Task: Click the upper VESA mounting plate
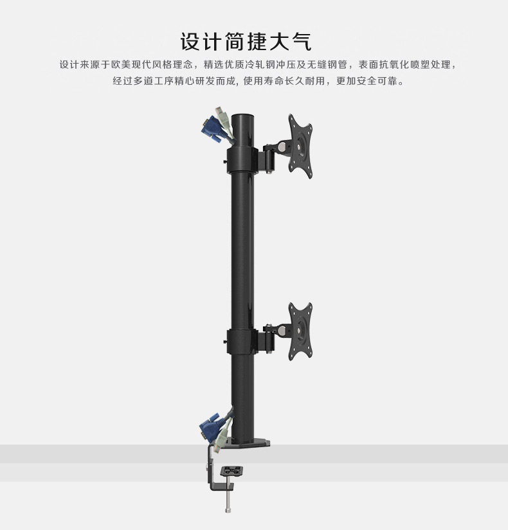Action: tap(300, 146)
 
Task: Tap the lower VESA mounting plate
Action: tap(300, 328)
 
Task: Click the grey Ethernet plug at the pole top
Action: tap(224, 122)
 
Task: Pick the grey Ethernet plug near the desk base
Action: tap(221, 439)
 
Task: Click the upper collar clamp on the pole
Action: tap(242, 158)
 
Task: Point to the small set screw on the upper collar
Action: tap(224, 161)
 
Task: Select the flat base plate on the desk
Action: tap(248, 443)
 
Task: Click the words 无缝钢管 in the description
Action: tap(326, 65)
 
